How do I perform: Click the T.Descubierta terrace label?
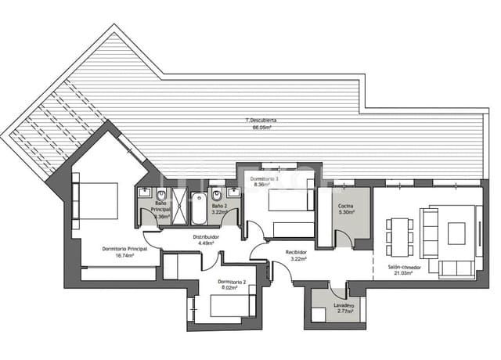[x=261, y=121]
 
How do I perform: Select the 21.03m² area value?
[x=403, y=273]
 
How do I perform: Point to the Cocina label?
[x=346, y=205]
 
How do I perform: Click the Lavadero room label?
[x=343, y=305]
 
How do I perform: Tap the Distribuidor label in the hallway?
[x=206, y=236]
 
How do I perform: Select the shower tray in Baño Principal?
[x=179, y=207]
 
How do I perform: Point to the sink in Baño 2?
[x=233, y=193]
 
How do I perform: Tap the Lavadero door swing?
[x=338, y=289]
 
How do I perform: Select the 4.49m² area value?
[x=206, y=243]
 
